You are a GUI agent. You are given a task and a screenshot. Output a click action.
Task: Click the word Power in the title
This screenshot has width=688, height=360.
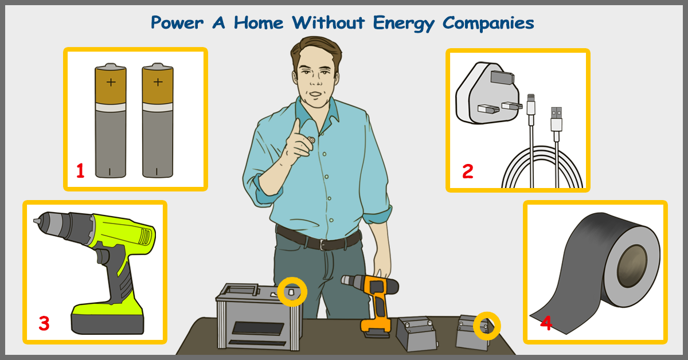(177, 23)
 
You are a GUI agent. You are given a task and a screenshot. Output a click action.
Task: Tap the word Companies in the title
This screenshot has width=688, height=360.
(488, 24)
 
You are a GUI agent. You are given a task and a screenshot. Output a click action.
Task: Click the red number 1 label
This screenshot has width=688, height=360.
(80, 171)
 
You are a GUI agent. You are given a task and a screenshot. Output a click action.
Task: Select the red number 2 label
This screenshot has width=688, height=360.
(468, 171)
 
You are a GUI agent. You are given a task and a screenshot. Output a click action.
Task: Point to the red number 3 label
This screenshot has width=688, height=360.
(44, 323)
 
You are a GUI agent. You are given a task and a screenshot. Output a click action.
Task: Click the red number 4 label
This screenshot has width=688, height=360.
(546, 323)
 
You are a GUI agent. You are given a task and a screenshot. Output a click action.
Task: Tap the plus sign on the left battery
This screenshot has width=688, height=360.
(111, 82)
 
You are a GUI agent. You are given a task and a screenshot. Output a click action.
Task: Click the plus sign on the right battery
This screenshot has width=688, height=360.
(158, 82)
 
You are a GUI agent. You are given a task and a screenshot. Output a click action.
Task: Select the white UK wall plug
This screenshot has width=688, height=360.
(488, 93)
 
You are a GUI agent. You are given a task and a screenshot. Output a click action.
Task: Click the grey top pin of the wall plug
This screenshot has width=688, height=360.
(502, 77)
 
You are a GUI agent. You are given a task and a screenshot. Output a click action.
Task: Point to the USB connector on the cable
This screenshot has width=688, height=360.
(556, 119)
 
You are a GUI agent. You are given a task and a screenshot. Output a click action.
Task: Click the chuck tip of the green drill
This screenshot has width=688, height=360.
(37, 221)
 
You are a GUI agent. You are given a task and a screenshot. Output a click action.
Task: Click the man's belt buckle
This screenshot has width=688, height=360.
(322, 245)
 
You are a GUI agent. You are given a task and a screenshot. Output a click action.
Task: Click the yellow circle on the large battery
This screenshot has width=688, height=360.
(292, 292)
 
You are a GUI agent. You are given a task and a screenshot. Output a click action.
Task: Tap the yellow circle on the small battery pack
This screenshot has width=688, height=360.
(487, 326)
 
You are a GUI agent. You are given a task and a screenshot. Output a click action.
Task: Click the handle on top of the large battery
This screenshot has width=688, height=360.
(241, 289)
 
